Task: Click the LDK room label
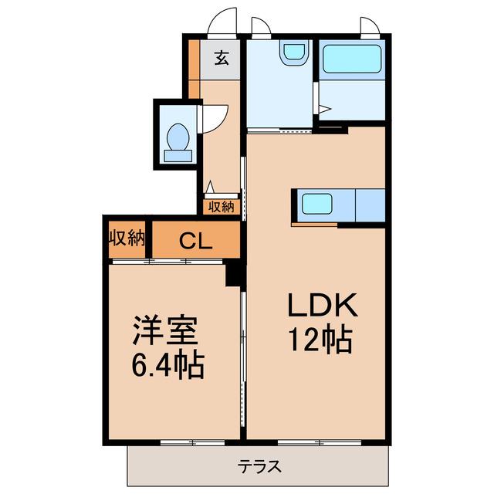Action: [323, 306]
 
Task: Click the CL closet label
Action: [196, 242]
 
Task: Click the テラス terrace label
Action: [259, 466]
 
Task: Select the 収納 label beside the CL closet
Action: [127, 238]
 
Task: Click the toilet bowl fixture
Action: [178, 138]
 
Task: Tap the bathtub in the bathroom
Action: [351, 59]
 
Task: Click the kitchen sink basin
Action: [316, 205]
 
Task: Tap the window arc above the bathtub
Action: [370, 25]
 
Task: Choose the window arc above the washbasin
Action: [261, 25]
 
